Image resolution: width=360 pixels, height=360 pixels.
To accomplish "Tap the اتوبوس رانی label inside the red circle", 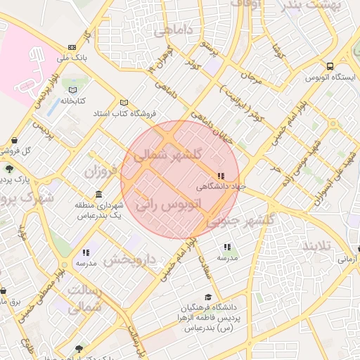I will click(x=168, y=205).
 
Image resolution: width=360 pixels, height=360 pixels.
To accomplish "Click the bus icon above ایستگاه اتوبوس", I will click(x=329, y=67).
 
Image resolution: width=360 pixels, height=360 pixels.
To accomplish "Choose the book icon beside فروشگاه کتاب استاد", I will click(x=124, y=102).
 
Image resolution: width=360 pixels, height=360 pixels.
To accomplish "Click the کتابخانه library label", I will click(x=73, y=101).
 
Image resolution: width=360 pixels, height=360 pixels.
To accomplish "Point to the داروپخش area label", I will click(x=129, y=259).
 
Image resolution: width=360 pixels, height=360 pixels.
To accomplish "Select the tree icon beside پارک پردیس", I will click(x=8, y=169).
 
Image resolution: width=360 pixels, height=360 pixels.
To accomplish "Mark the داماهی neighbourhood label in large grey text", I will click(x=172, y=31).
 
